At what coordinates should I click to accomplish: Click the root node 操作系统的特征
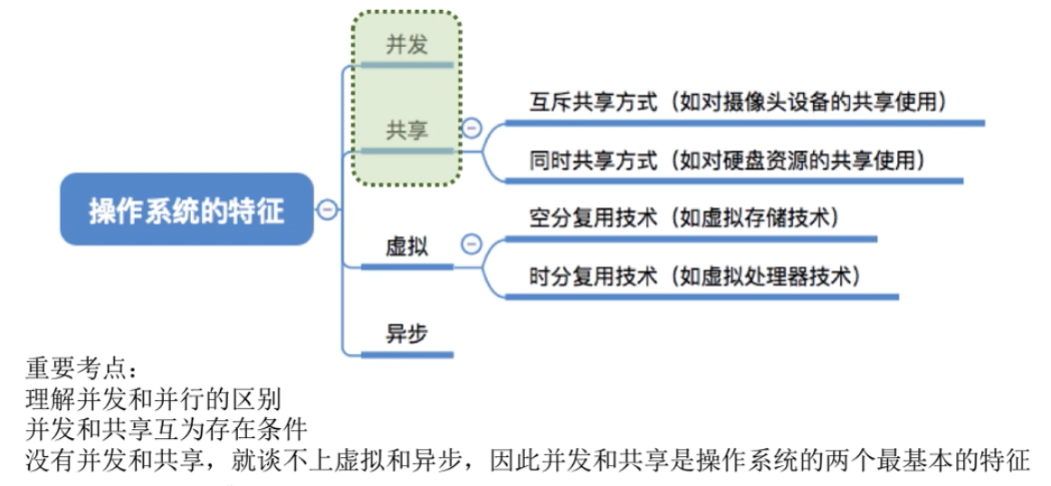point(186,210)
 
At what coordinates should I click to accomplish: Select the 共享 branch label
point(406,130)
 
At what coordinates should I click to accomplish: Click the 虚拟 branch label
point(406,246)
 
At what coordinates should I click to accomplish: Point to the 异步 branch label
point(406,333)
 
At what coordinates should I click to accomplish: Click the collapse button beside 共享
point(471,128)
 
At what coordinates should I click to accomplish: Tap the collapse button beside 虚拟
point(471,243)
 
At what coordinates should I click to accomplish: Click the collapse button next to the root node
point(328,210)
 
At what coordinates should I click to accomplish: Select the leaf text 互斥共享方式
point(593,102)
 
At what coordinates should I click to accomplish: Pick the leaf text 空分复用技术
point(593,219)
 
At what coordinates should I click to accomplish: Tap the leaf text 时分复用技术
point(593,277)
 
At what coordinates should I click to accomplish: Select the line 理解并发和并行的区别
point(153,397)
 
